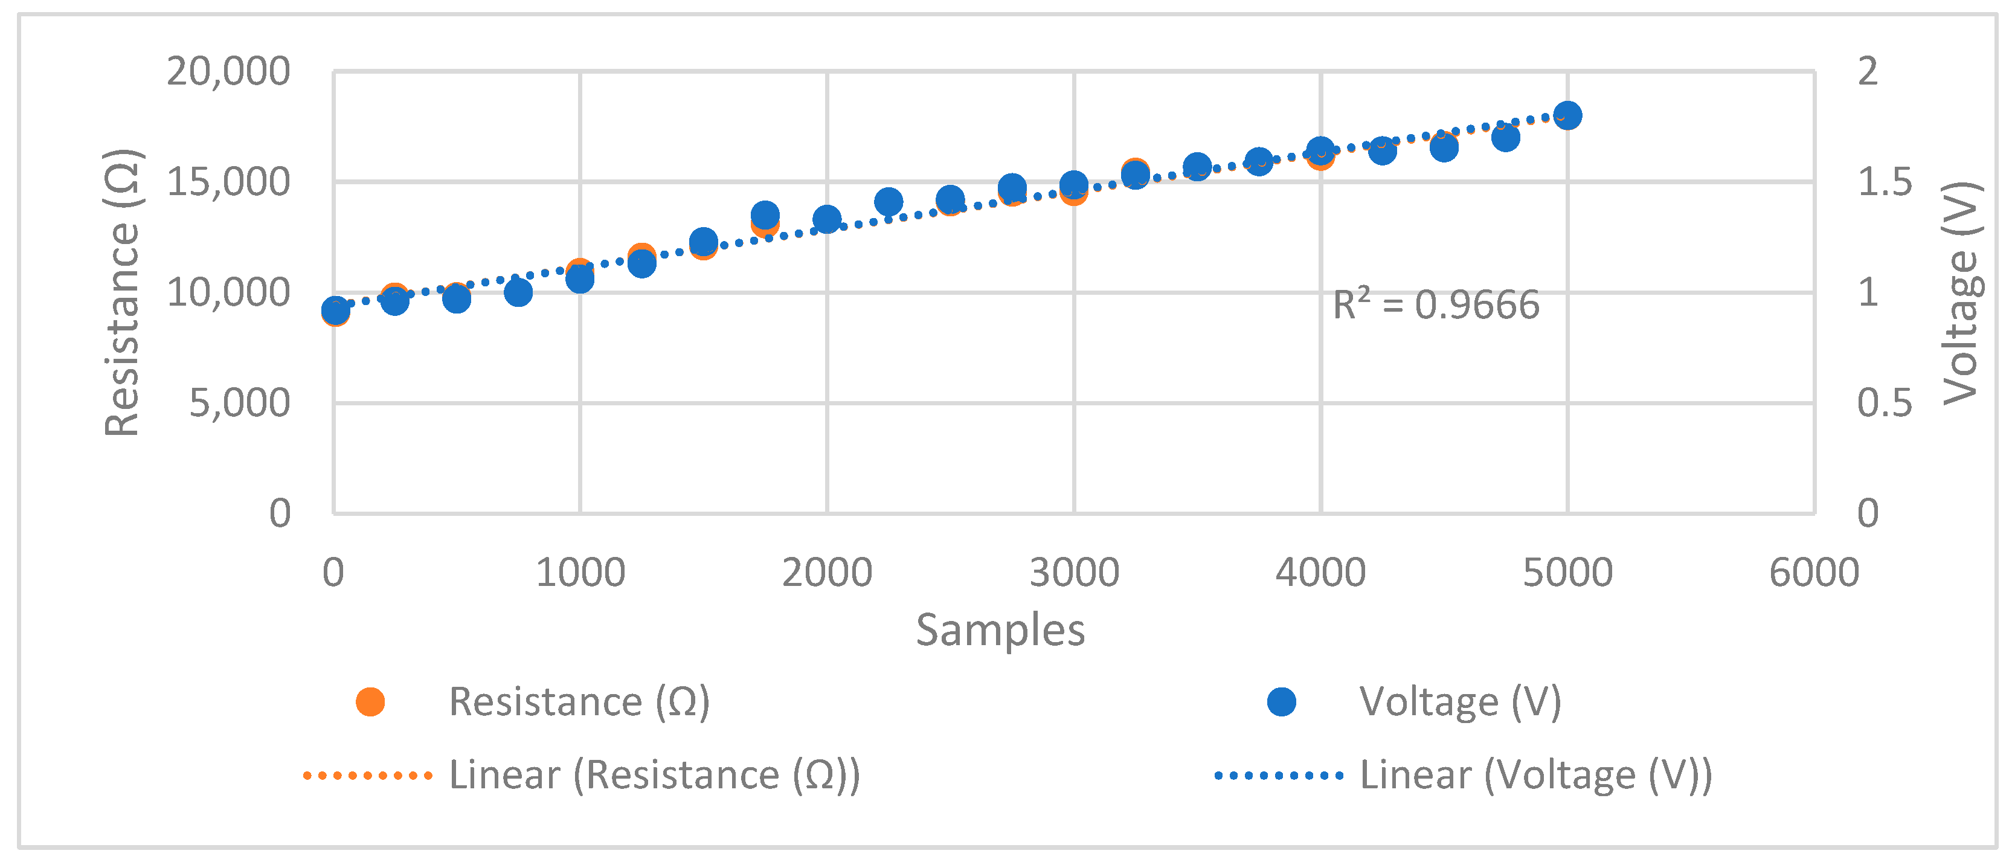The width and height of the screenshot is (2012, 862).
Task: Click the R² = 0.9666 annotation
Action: pyautogui.click(x=1436, y=305)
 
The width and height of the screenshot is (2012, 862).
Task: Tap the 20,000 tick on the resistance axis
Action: pyautogui.click(x=228, y=72)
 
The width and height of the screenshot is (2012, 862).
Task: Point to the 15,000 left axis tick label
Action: pyautogui.click(x=228, y=182)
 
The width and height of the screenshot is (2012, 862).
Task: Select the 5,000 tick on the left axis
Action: pyautogui.click(x=239, y=404)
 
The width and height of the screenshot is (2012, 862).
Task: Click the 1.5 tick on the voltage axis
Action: pyautogui.click(x=1884, y=182)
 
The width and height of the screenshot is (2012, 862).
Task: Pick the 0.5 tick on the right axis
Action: pyautogui.click(x=1884, y=404)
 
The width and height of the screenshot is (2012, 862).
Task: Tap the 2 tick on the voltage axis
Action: pyautogui.click(x=1868, y=72)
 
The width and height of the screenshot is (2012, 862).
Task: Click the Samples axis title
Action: pyautogui.click(x=1000, y=630)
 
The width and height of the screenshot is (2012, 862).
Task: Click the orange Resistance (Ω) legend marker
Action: pyautogui.click(x=370, y=702)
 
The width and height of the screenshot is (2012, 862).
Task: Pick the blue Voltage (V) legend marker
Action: pyautogui.click(x=1282, y=702)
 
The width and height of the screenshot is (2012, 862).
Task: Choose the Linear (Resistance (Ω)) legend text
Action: pyautogui.click(x=655, y=776)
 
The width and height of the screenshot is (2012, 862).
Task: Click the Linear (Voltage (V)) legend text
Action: pyautogui.click(x=1535, y=776)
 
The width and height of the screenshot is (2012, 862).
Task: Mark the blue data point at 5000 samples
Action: pyautogui.click(x=1567, y=115)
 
